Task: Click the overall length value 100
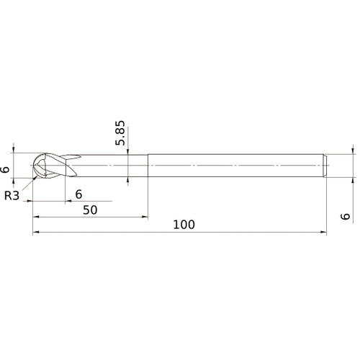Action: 184,224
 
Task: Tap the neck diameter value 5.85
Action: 121,132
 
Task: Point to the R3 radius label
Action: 12,195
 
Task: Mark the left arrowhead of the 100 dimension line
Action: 35,233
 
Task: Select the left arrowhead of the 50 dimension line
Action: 35,216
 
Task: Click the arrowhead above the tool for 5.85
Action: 127,151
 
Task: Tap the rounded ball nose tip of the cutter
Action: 34,165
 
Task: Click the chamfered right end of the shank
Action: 325,165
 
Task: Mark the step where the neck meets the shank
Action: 148,165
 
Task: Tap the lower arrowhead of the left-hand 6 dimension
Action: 14,180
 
